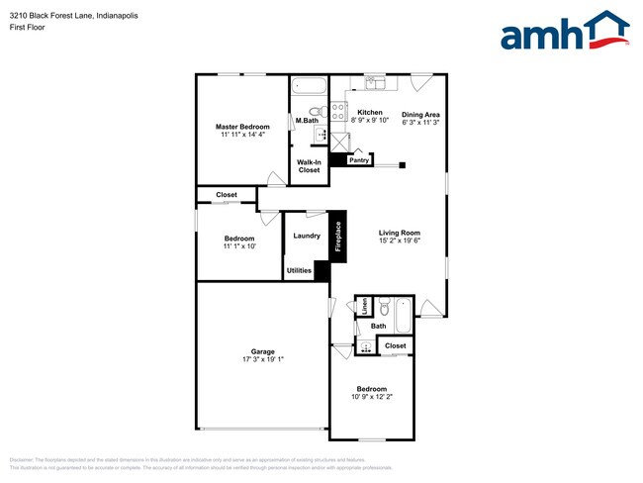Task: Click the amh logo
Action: click(564, 32)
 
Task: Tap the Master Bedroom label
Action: click(242, 127)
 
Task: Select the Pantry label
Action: click(359, 159)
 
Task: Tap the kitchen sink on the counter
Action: click(375, 83)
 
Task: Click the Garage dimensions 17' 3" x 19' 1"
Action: click(262, 360)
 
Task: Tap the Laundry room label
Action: click(307, 236)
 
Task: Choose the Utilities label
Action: click(299, 270)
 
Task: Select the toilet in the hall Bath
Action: click(385, 305)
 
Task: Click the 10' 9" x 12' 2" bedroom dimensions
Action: click(372, 397)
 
